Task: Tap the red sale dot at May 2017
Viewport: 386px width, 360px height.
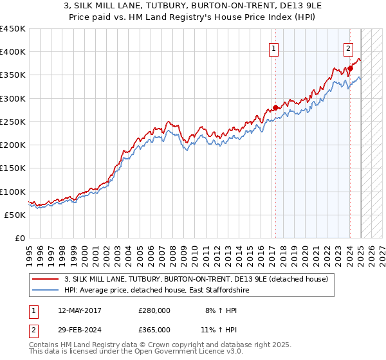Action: click(x=275, y=108)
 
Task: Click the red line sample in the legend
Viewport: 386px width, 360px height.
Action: click(x=45, y=279)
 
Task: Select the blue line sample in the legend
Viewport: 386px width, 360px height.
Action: click(x=45, y=291)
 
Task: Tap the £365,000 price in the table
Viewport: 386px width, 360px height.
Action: click(x=154, y=329)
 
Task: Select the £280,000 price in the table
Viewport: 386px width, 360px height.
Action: click(x=154, y=311)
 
